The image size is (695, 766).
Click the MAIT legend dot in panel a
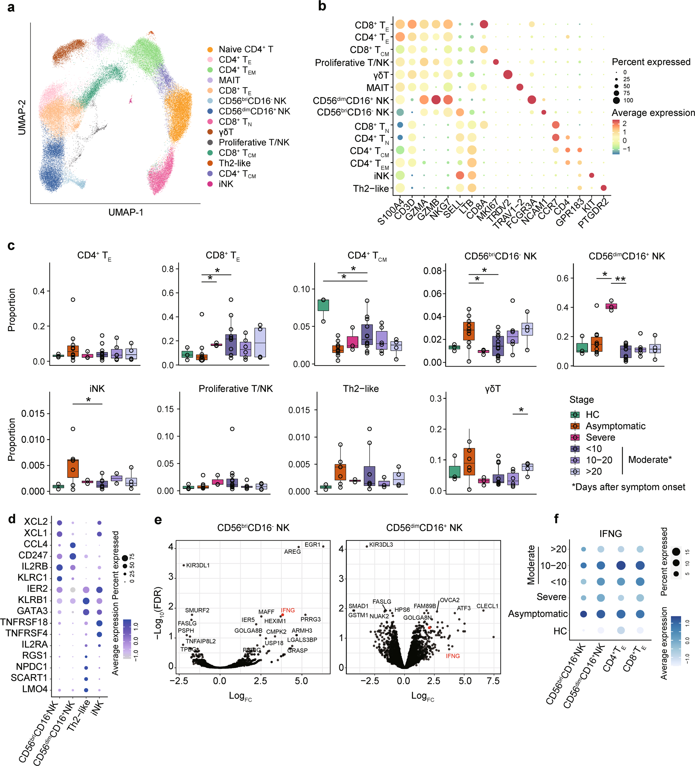tap(210, 80)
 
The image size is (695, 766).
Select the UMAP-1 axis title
tap(126, 212)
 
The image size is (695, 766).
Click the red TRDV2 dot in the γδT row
tap(507, 74)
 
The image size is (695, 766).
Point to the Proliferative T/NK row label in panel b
tap(352, 63)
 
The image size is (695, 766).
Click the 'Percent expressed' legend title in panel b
tap(651, 62)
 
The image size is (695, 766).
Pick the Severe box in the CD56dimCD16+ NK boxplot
tap(611, 306)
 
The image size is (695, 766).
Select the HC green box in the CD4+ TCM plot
tap(323, 305)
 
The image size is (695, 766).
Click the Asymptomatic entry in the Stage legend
tap(615, 426)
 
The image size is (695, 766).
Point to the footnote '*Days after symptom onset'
tap(628, 487)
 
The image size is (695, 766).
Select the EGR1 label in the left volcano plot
tap(312, 544)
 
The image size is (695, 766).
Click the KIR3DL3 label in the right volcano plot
tap(381, 544)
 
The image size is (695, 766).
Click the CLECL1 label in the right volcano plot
tap(487, 606)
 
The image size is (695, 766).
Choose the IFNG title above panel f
tap(610, 534)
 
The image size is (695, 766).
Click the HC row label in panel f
tap(560, 631)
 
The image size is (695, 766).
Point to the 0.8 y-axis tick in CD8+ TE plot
tap(167, 269)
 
